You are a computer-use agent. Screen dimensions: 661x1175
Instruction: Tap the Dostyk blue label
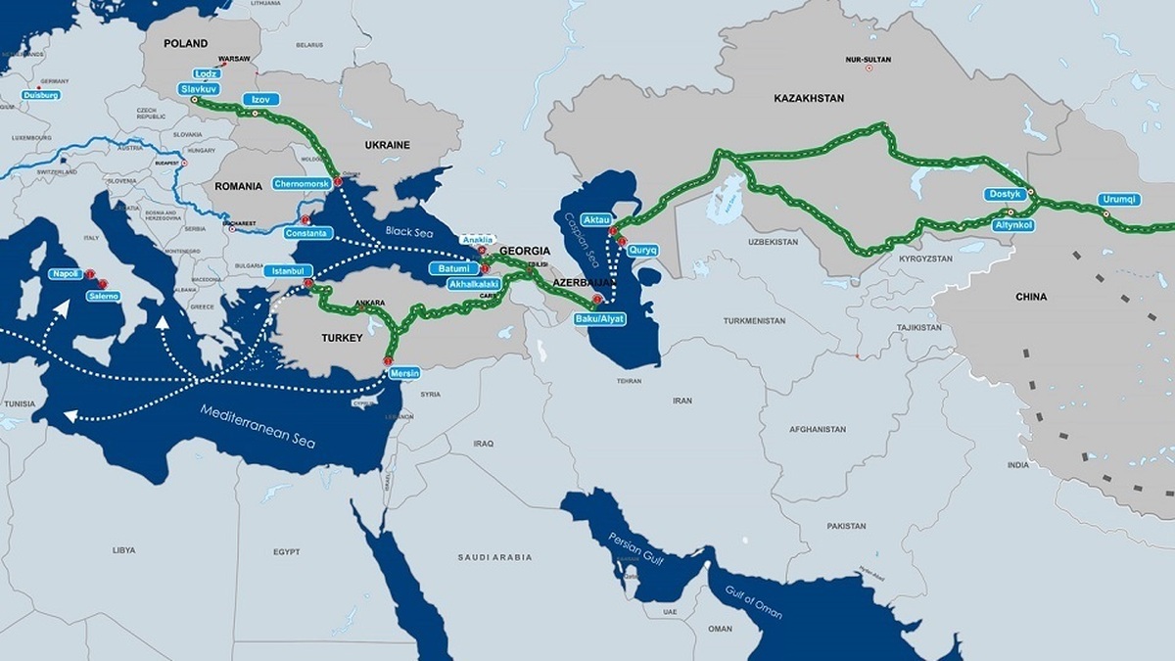tap(1005, 195)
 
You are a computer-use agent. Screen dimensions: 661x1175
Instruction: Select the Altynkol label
tap(1013, 225)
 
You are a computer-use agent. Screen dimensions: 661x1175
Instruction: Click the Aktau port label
tap(596, 218)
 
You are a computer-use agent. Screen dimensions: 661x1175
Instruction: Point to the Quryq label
tap(643, 251)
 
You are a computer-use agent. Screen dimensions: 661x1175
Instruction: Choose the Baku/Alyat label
tap(599, 319)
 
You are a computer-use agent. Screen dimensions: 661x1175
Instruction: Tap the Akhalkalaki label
tap(473, 284)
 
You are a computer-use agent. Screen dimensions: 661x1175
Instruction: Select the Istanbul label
tap(288, 270)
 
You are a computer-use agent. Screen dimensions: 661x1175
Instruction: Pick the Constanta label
tap(308, 234)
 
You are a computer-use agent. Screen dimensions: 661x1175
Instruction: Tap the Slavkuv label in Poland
tap(197, 88)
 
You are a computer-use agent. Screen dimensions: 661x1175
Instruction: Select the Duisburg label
tap(41, 95)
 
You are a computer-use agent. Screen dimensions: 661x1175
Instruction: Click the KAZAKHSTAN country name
tap(809, 99)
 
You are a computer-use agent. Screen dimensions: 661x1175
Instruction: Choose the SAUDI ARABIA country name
tap(494, 557)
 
